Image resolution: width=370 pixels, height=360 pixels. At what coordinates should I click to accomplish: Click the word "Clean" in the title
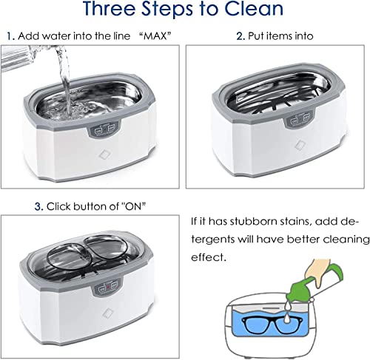[x=254, y=9]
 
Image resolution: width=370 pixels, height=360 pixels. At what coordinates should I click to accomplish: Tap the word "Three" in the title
[x=110, y=9]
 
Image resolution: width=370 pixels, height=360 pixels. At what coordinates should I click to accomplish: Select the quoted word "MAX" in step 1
[x=155, y=36]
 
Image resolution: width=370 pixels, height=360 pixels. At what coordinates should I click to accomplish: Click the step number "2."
[x=240, y=36]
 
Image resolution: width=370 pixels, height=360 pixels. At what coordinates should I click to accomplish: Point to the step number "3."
[x=38, y=206]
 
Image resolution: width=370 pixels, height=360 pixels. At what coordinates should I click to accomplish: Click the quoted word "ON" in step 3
[x=133, y=206]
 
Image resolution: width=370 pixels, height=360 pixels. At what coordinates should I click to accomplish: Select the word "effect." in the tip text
[x=209, y=257]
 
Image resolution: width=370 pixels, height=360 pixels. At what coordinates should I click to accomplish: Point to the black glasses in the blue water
[x=272, y=324]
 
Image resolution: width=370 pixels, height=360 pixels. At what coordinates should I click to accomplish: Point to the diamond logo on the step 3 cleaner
[x=107, y=313]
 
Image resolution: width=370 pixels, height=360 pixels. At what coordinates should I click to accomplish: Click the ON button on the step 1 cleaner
[x=98, y=130]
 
